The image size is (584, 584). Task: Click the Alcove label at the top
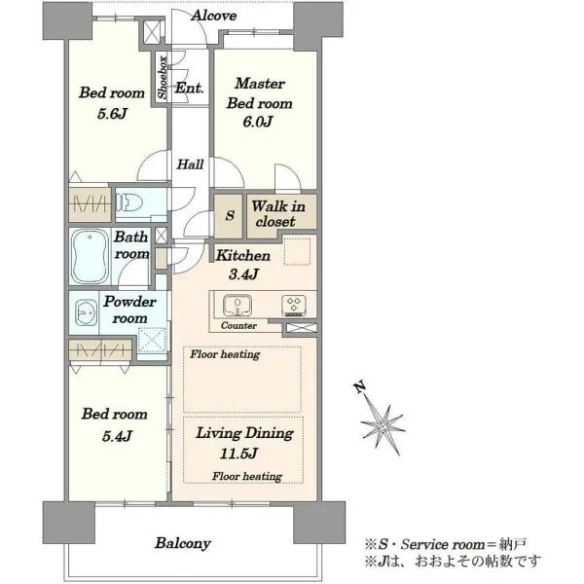(214, 16)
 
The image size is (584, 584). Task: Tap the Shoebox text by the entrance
(163, 78)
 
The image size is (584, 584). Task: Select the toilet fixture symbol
(129, 203)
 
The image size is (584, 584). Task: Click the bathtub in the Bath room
(91, 256)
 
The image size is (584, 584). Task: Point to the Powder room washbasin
(86, 312)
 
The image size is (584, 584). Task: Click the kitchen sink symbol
(237, 305)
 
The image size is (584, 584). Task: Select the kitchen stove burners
(294, 305)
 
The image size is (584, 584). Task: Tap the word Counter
(238, 325)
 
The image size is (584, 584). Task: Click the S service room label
(230, 215)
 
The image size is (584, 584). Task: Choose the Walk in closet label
(277, 214)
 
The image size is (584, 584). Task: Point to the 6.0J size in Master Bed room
(257, 122)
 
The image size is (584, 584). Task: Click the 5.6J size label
(112, 113)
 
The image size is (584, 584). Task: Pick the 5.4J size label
(117, 435)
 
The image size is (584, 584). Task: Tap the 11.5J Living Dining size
(238, 454)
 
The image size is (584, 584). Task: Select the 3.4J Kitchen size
(243, 274)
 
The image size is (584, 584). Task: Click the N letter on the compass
(359, 387)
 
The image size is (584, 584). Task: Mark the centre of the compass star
(383, 425)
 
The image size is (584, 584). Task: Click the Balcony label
(183, 543)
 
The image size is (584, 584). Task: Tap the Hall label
(190, 164)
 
